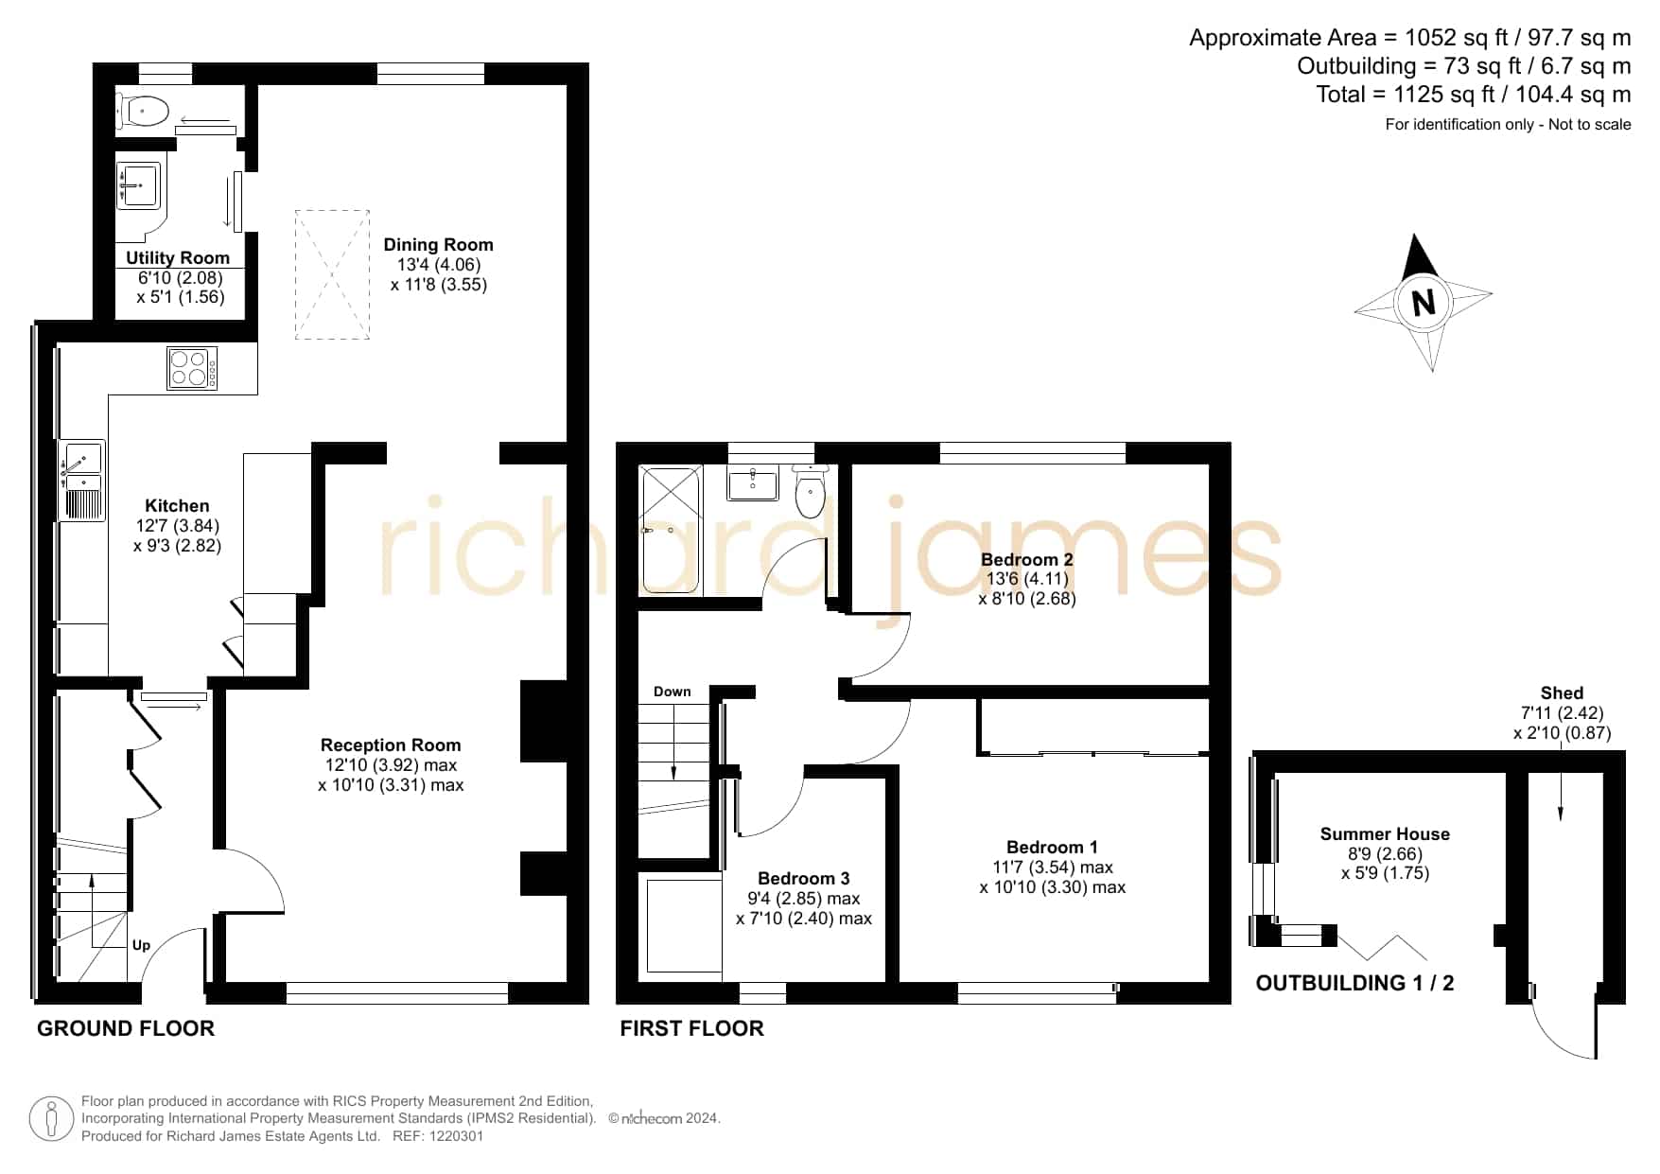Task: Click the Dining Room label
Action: pos(438,245)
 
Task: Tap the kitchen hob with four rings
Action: pos(193,368)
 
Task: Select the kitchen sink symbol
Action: pos(82,481)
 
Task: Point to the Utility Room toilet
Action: pos(143,112)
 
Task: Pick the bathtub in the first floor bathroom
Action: pos(671,529)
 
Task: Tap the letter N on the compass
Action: pos(1424,303)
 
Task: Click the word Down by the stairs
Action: pos(673,692)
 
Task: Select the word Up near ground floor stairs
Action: pos(141,945)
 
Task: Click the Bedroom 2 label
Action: pos(1027,559)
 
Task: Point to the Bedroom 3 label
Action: pos(804,879)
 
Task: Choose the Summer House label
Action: pos(1385,834)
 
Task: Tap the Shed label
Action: pos(1562,693)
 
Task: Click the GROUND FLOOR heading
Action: pos(126,1028)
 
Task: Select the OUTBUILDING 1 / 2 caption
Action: pos(1354,983)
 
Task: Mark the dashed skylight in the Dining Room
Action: pos(332,274)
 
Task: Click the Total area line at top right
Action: pos(1474,95)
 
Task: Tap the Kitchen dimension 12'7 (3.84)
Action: pos(178,526)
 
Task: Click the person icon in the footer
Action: pos(51,1119)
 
